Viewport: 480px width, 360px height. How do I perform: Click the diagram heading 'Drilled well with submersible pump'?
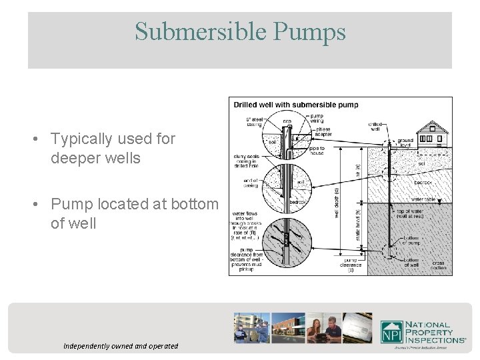tap(295, 104)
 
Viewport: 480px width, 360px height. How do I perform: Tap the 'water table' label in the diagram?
tap(424, 198)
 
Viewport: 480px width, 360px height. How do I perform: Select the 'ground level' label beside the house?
tap(405, 143)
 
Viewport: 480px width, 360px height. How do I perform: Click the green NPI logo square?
tap(391, 331)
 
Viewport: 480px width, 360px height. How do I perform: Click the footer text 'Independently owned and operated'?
tap(121, 346)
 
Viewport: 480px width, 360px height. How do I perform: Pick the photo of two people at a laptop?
tap(323, 328)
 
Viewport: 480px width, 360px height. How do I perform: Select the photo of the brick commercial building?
tap(288, 328)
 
